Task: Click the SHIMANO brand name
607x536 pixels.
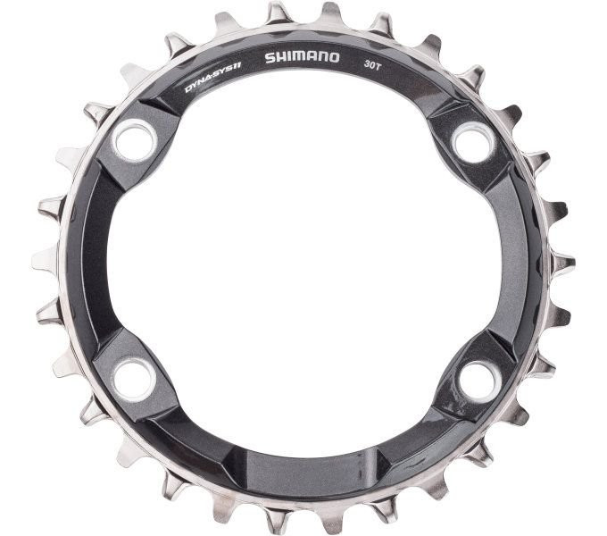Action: click(302, 57)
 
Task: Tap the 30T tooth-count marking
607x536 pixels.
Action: click(374, 63)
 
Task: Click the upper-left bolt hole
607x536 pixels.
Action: click(135, 140)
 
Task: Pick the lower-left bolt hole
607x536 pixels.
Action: click(135, 379)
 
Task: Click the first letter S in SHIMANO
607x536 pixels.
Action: click(270, 58)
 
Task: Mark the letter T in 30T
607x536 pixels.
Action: click(382, 63)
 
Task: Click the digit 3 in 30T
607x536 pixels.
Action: click(367, 62)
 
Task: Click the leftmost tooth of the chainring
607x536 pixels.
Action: click(42, 260)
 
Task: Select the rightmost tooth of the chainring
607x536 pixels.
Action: click(564, 264)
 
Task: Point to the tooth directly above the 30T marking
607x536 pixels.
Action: click(382, 24)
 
